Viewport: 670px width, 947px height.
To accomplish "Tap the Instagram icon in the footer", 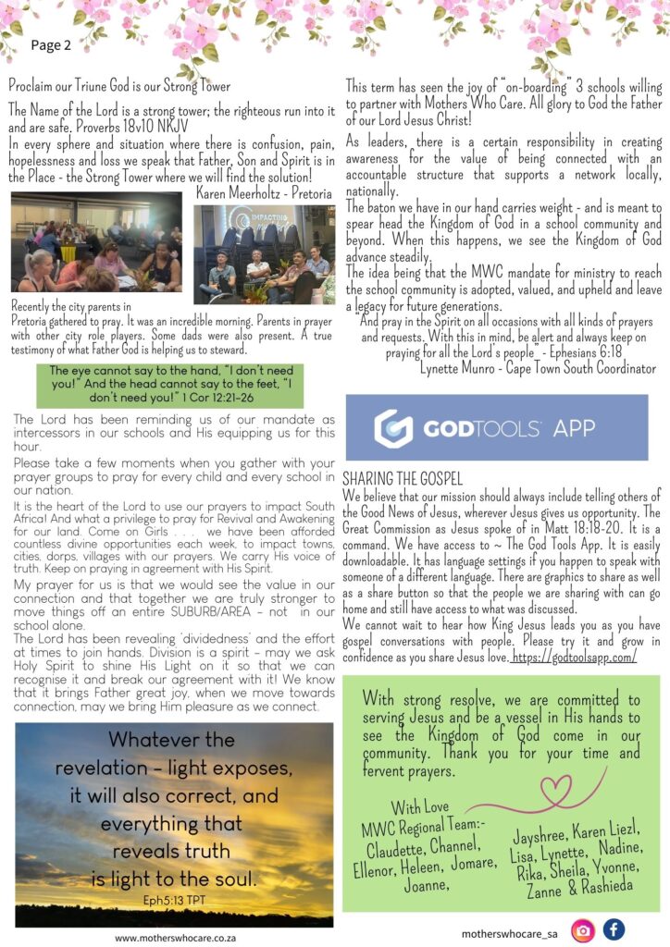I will point(582,930).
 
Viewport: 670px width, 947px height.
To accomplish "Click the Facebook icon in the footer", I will point(614,930).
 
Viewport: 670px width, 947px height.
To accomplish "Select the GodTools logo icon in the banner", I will point(393,428).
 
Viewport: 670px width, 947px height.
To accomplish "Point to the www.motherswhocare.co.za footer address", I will point(173,937).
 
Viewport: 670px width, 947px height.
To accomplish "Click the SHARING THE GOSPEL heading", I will point(402,479).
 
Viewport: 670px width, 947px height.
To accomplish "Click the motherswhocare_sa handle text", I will point(508,934).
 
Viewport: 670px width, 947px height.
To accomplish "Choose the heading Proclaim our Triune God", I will point(119,87).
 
